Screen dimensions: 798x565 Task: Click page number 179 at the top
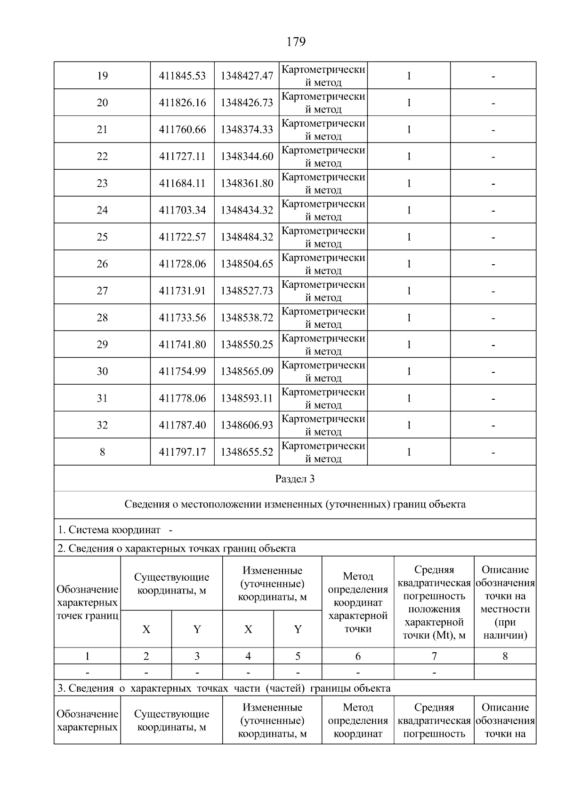click(x=296, y=42)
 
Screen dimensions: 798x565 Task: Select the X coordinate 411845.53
click(x=182, y=76)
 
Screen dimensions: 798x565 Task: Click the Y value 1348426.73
click(x=247, y=103)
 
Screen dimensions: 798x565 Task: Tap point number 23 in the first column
click(x=102, y=183)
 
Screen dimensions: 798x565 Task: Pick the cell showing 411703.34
click(x=182, y=210)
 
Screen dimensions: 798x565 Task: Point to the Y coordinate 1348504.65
click(x=247, y=264)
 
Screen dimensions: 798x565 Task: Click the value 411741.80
click(x=182, y=345)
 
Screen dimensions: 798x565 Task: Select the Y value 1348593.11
click(x=247, y=398)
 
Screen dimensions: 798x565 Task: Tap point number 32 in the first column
click(x=102, y=425)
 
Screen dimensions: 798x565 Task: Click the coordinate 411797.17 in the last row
click(x=182, y=452)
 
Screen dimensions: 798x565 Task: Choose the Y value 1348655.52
click(x=247, y=452)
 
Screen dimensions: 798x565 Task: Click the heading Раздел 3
click(x=295, y=479)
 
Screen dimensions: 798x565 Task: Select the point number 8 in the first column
click(x=102, y=452)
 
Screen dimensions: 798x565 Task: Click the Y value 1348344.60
click(x=247, y=156)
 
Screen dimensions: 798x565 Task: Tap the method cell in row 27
click(x=323, y=291)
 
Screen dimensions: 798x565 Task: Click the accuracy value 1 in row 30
click(x=409, y=371)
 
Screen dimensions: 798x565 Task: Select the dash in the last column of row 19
click(x=493, y=76)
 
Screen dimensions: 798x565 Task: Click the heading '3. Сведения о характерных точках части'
click(x=224, y=688)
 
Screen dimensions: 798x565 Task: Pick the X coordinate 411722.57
click(x=182, y=237)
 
